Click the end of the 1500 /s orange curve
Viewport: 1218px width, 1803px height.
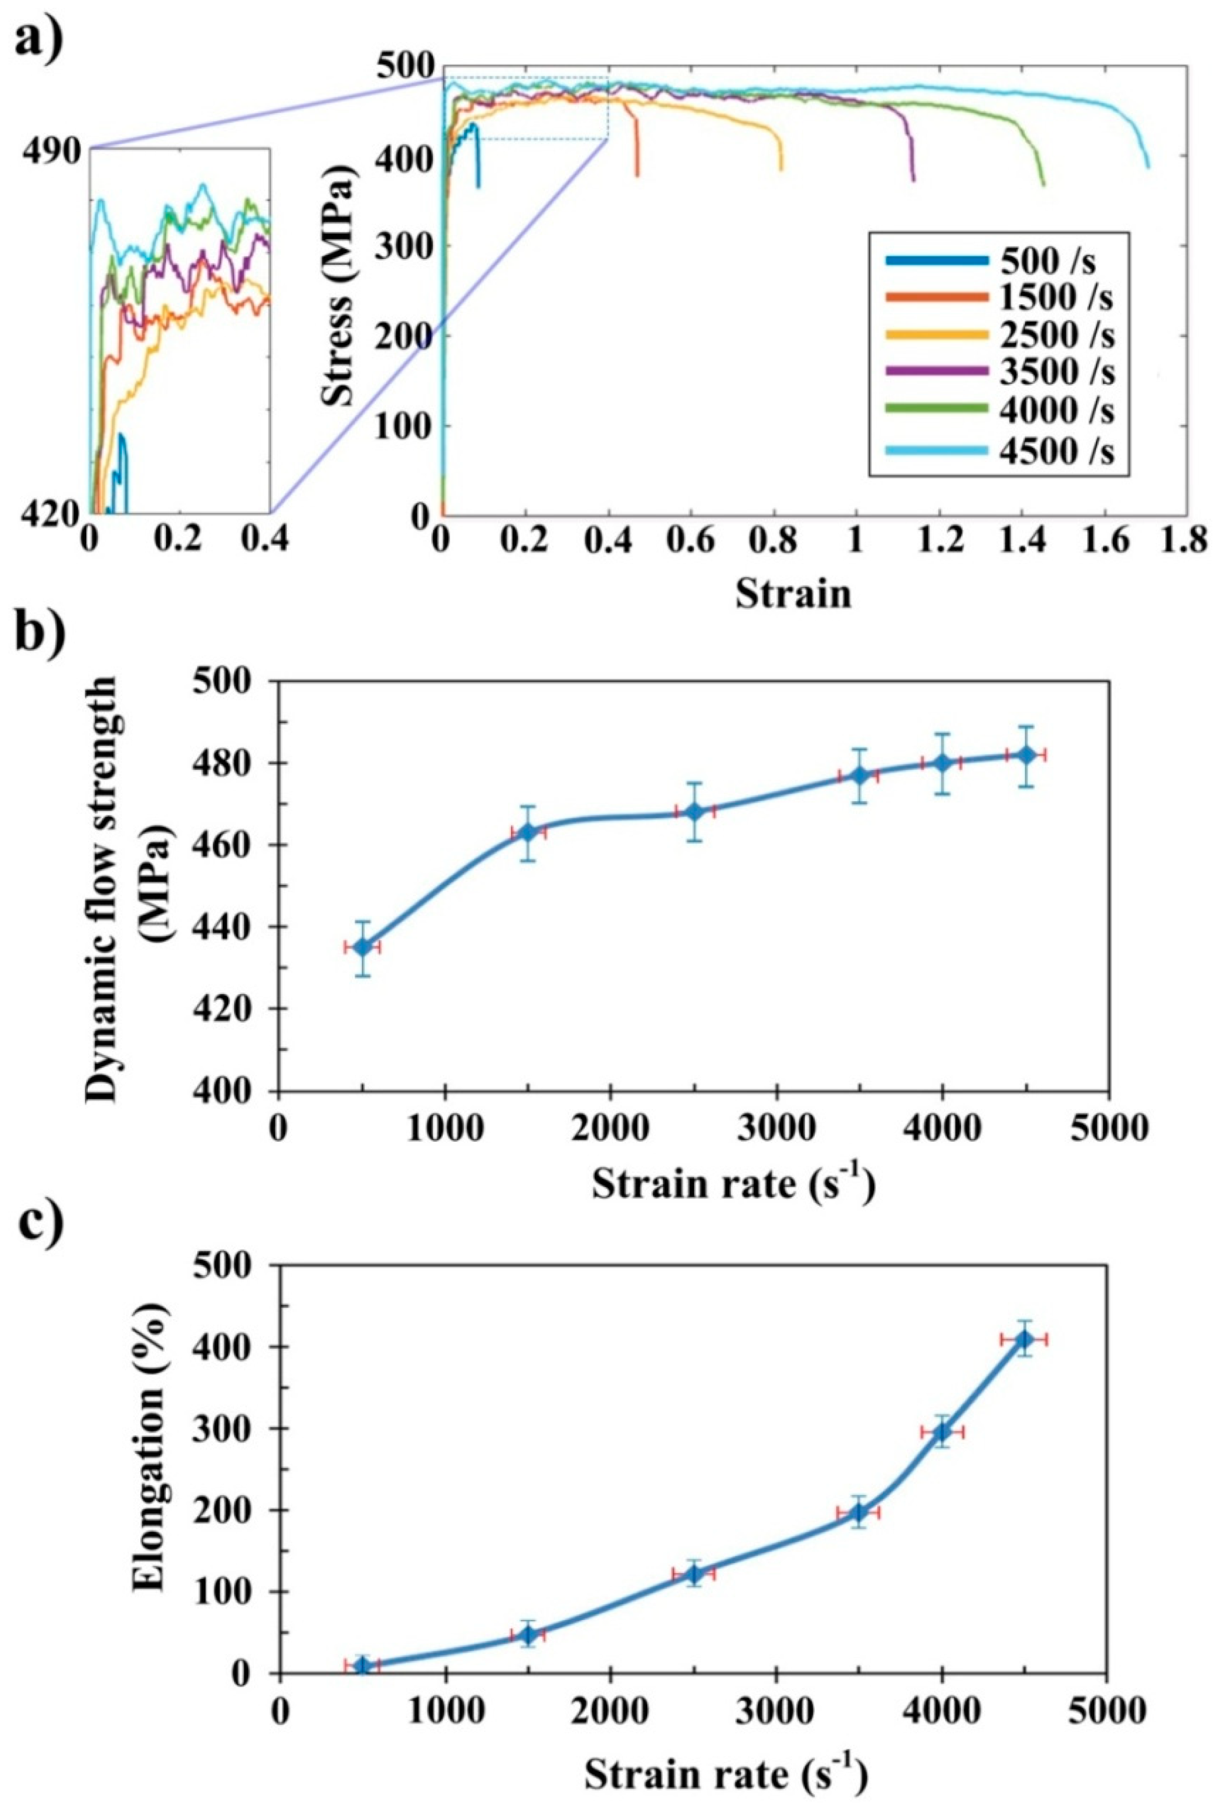638,175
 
